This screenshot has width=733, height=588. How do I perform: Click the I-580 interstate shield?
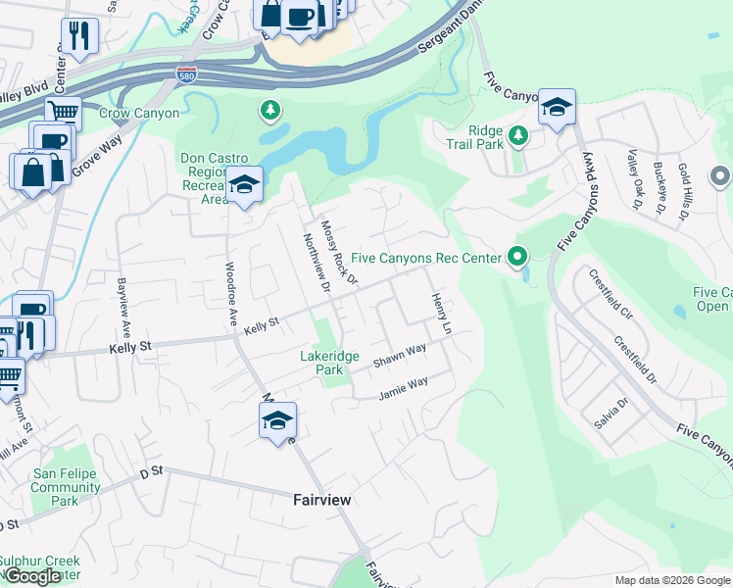point(185,73)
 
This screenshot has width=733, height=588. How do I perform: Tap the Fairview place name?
point(321,499)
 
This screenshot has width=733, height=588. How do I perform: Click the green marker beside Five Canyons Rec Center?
point(517,258)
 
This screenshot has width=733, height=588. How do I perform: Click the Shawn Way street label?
point(399,356)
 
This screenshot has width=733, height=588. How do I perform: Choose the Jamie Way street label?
point(404,389)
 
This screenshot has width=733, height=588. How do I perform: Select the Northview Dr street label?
point(315,262)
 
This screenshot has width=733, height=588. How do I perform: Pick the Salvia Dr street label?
point(609,413)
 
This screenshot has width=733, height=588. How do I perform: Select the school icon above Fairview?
point(277,422)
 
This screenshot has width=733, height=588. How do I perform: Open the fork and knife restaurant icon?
point(79,36)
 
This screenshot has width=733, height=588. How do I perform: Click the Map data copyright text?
point(672,580)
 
